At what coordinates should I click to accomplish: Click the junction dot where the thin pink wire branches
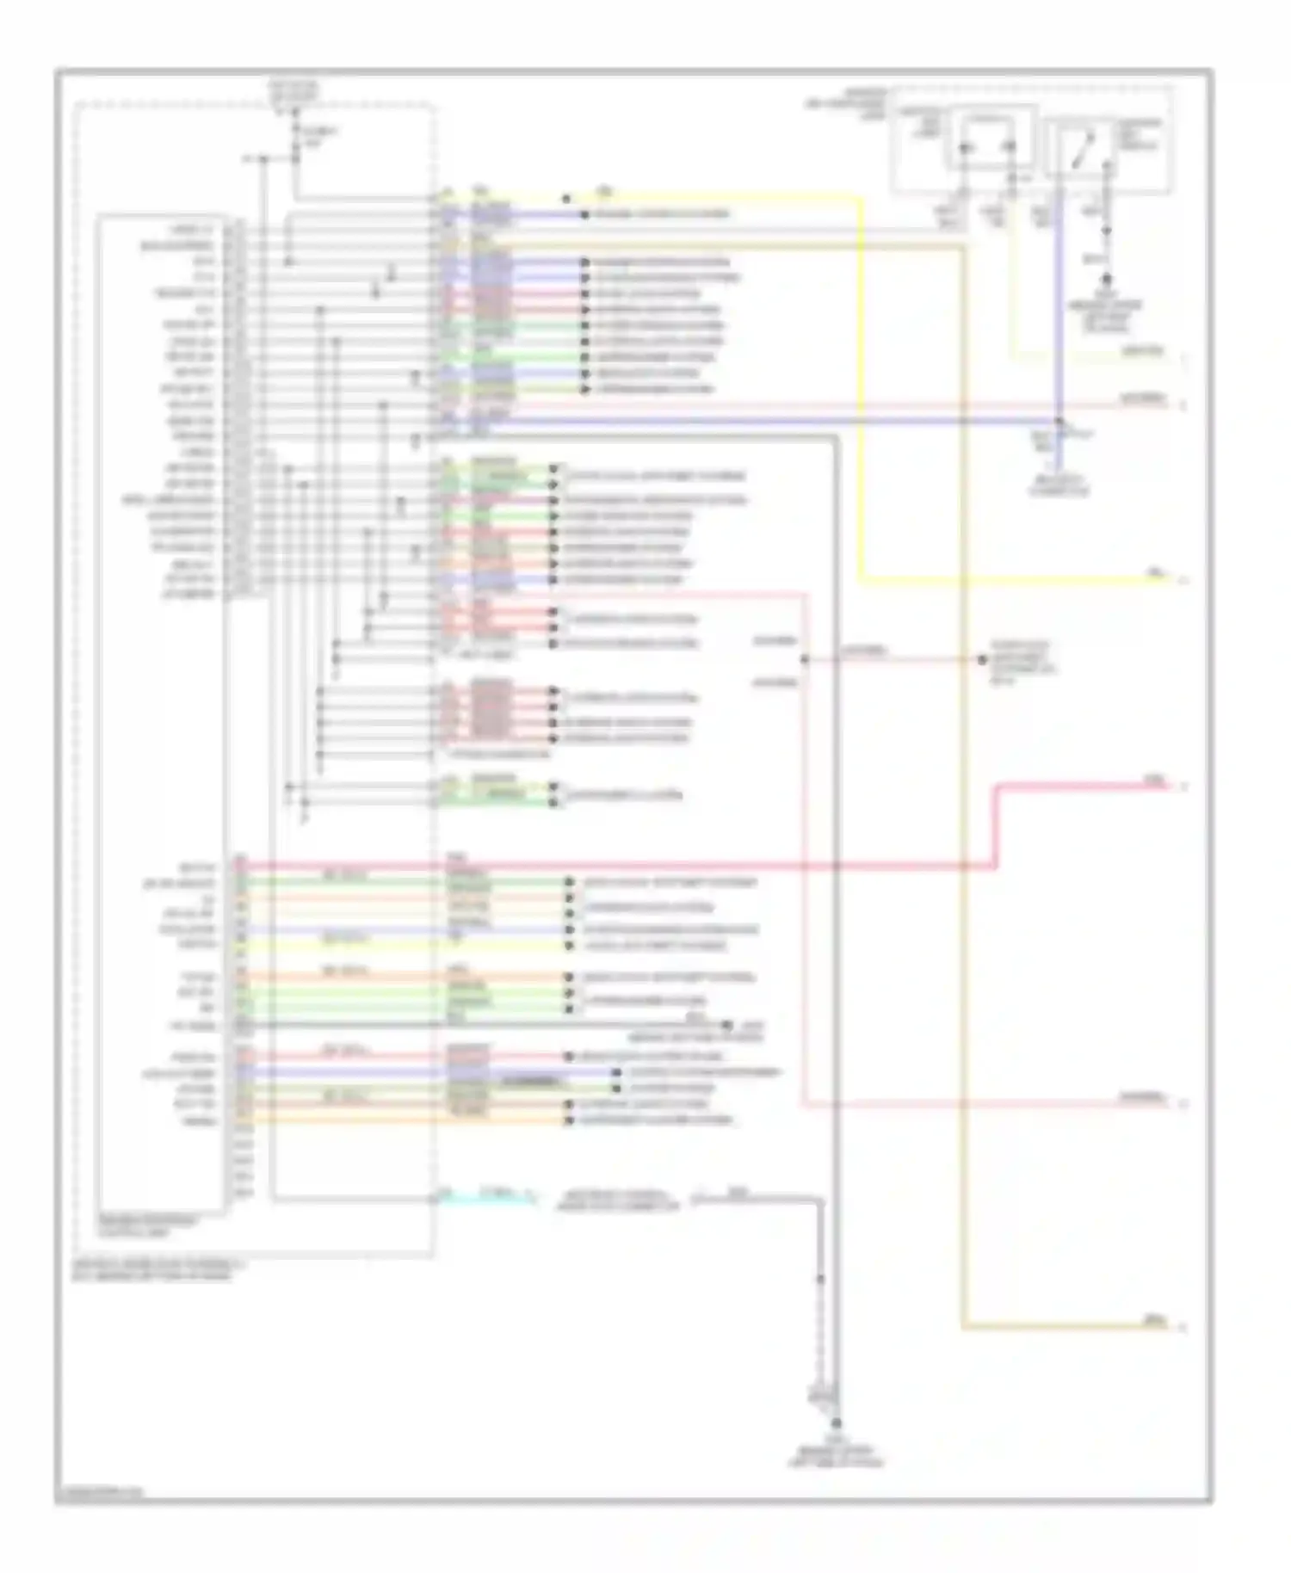[805, 660]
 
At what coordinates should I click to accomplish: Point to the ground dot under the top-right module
[1108, 279]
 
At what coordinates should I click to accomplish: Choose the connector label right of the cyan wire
[620, 1200]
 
